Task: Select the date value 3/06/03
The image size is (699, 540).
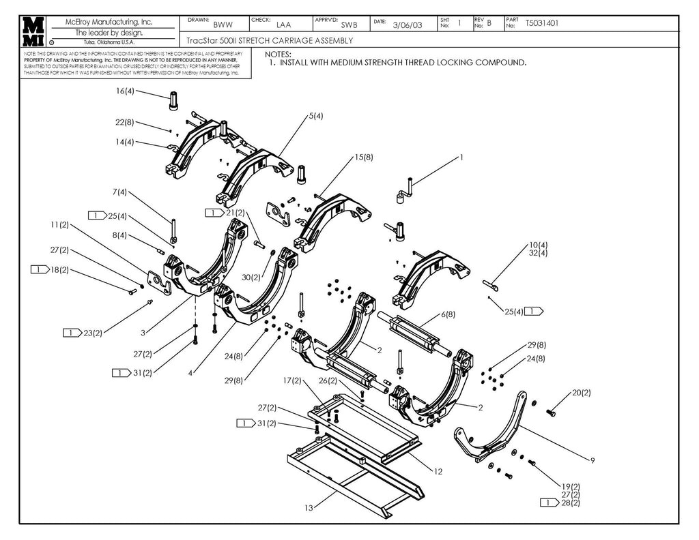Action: point(408,25)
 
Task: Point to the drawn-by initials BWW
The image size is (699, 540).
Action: point(223,25)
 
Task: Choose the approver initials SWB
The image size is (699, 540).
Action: point(349,25)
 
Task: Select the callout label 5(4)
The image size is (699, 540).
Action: point(315,116)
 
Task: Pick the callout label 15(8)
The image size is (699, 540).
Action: point(363,157)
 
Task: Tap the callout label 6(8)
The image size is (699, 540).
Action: point(448,314)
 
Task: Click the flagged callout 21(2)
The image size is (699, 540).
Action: point(234,213)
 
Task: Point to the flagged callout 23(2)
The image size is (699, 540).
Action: point(92,333)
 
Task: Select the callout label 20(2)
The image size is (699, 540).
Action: point(581,393)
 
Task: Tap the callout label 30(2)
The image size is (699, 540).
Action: point(251,277)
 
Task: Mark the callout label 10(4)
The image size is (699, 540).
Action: point(539,245)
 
